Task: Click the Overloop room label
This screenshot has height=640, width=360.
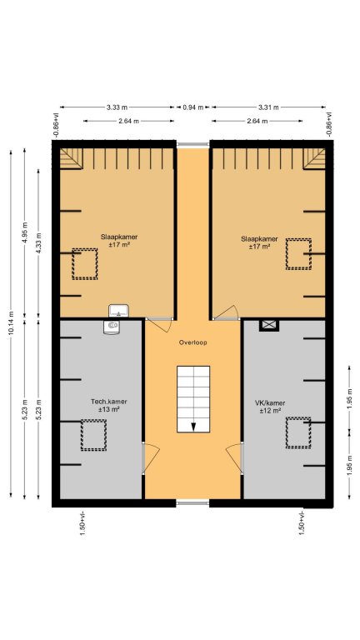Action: (192, 342)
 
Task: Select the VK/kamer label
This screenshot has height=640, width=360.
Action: (270, 402)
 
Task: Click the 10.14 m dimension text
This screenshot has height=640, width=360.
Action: (12, 323)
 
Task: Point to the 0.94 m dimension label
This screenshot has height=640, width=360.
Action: (192, 107)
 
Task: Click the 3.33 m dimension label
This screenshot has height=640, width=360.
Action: (117, 107)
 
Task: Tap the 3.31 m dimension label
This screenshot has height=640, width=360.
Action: (268, 107)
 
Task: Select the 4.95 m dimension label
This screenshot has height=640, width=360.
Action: (25, 232)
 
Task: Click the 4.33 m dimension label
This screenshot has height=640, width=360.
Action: (39, 243)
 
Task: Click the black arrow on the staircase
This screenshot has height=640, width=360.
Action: (193, 427)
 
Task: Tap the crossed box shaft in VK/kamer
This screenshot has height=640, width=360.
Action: (269, 325)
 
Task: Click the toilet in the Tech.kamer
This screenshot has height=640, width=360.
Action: (112, 327)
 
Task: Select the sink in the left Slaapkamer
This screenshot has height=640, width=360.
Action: (118, 311)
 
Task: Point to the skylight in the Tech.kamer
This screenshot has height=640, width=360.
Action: (93, 435)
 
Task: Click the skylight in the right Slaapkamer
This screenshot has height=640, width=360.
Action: (298, 254)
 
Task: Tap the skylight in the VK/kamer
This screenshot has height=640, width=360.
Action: (298, 432)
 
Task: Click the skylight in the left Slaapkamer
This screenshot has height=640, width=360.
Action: (85, 263)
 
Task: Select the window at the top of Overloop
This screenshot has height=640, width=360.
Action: (192, 144)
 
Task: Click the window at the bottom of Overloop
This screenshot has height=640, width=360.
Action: (192, 503)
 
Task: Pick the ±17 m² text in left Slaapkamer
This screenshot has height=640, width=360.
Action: (119, 245)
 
